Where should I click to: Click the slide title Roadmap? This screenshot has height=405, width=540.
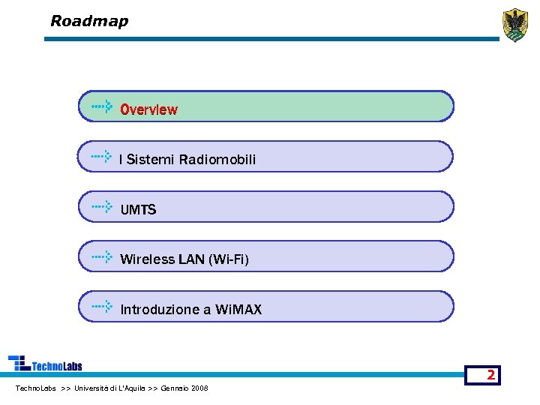[89, 21]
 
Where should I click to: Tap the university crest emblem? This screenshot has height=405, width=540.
[514, 25]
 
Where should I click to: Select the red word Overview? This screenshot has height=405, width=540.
[149, 109]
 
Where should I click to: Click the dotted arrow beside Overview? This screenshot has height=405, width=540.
[102, 107]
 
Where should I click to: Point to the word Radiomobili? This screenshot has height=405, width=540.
[217, 160]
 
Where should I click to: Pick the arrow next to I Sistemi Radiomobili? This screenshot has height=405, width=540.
[102, 157]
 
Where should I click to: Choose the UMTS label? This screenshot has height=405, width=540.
[138, 210]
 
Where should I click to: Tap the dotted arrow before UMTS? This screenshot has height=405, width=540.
[102, 207]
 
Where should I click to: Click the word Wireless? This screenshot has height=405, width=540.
[147, 260]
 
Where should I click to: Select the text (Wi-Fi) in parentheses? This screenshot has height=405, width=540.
[229, 260]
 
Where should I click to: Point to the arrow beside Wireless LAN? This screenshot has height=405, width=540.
[102, 257]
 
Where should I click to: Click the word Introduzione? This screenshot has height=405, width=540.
[159, 310]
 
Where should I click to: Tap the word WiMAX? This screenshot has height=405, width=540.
[238, 310]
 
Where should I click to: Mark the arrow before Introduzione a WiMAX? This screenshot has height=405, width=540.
[102, 307]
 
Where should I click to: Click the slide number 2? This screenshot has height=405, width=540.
[490, 375]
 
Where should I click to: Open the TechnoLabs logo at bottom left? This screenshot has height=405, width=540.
[45, 364]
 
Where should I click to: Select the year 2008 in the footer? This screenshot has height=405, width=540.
[200, 388]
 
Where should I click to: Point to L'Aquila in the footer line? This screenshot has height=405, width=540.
[132, 388]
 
